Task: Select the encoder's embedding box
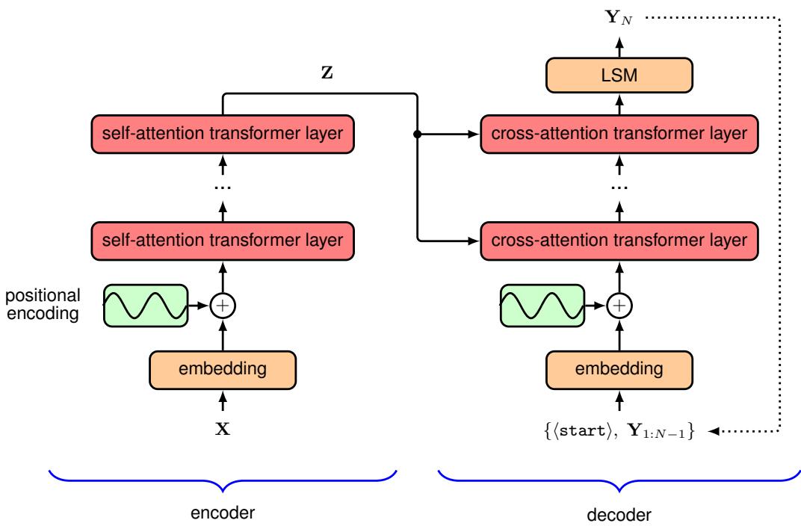(x=223, y=368)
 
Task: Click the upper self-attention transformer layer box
(x=223, y=134)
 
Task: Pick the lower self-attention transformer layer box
(x=223, y=241)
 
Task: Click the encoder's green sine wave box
(x=145, y=305)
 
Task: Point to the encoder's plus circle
(x=223, y=305)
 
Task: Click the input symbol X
(x=223, y=431)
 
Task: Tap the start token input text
(x=619, y=432)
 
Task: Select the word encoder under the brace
(x=223, y=513)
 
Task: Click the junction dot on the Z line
(x=415, y=134)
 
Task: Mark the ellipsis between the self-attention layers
(x=223, y=188)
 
